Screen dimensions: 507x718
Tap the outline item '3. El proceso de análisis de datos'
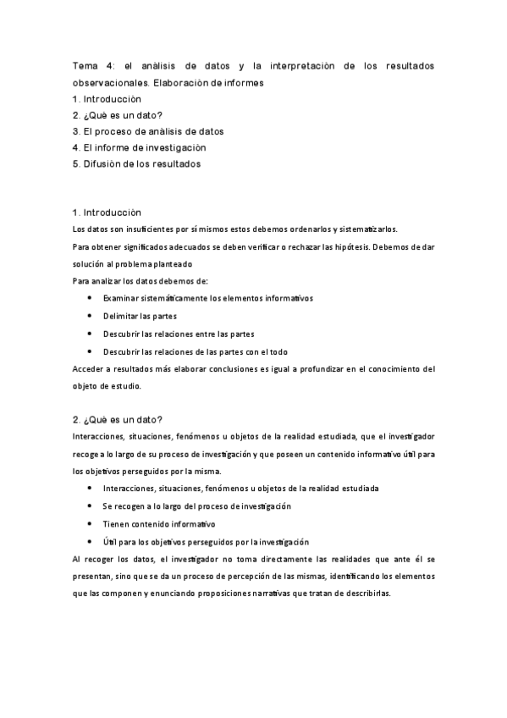click(148, 131)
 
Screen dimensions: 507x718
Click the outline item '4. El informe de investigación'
click(140, 147)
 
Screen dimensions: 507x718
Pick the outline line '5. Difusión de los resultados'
click(137, 163)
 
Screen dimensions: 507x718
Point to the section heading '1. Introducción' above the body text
click(107, 212)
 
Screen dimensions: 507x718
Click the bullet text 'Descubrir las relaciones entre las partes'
click(179, 334)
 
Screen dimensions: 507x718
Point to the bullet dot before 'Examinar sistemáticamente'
click(91, 298)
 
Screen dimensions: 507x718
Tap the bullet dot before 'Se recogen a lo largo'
click(91, 506)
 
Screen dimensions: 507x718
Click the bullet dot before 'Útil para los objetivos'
click(91, 542)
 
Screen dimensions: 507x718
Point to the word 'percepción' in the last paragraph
click(252, 577)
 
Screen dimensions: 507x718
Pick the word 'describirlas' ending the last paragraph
click(366, 594)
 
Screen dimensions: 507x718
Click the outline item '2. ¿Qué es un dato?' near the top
click(118, 115)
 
